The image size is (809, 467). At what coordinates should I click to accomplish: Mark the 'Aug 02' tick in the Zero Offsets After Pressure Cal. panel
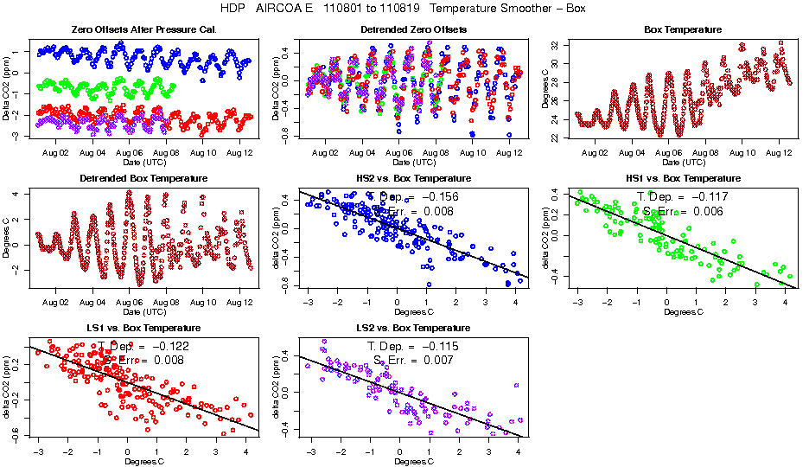coord(55,153)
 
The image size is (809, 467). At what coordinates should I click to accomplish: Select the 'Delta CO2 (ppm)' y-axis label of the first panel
coord(8,88)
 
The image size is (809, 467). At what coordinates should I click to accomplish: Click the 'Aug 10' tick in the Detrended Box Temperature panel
coord(204,302)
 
